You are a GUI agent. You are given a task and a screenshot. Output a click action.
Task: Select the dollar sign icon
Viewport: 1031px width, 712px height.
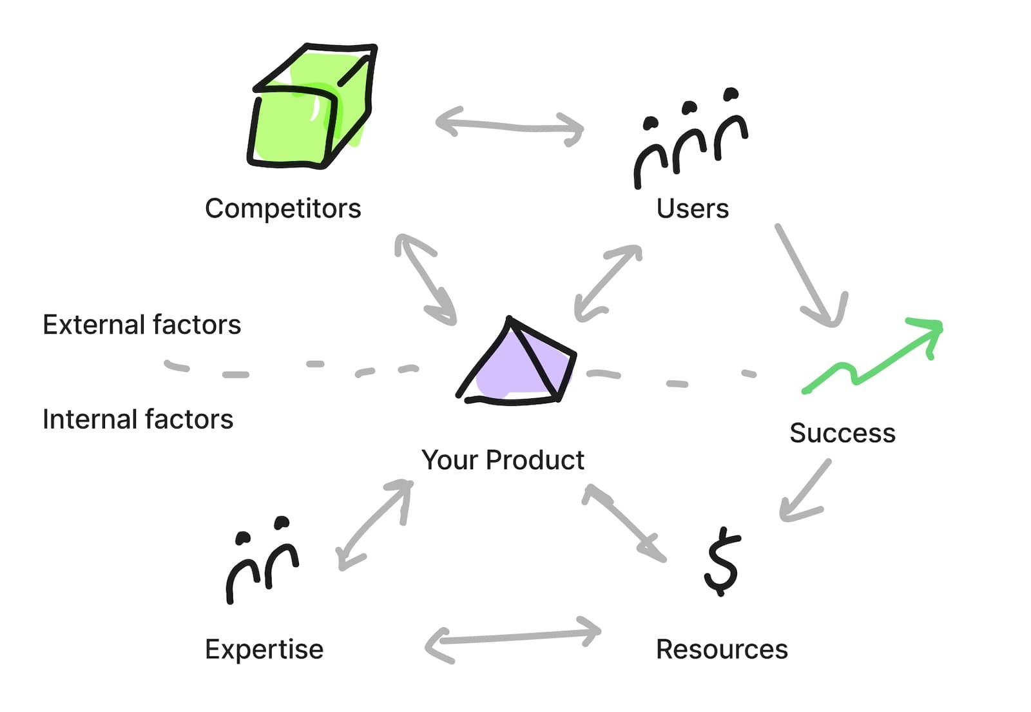tap(722, 561)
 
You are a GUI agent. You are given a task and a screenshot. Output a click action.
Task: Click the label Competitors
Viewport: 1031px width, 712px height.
tap(283, 209)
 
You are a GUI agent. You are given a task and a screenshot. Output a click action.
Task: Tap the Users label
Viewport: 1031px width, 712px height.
tap(693, 209)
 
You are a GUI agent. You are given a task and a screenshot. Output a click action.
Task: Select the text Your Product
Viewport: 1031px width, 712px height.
tap(503, 460)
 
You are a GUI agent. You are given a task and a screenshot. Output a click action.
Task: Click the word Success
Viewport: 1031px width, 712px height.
tap(842, 433)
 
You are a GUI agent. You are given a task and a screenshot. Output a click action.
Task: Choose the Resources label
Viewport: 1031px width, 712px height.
tap(722, 649)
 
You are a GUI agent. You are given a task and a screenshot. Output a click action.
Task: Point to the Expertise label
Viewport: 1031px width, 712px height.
tap(264, 649)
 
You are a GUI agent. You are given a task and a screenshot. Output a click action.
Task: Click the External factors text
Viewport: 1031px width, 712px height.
tap(142, 325)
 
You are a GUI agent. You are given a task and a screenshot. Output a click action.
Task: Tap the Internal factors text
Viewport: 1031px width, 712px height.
tap(138, 419)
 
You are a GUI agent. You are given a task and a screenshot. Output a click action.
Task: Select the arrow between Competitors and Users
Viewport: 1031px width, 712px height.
tap(509, 125)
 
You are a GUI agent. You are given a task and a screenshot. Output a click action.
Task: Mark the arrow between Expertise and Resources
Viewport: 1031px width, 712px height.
tap(512, 638)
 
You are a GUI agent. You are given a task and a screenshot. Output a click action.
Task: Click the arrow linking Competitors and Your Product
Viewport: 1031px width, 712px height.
tap(425, 278)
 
